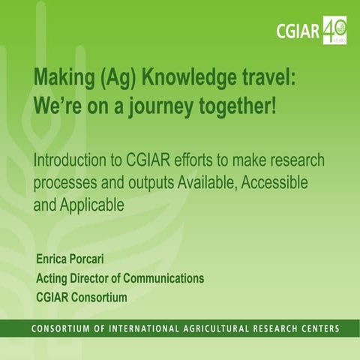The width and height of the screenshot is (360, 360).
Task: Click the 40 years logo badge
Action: coord(334,29)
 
